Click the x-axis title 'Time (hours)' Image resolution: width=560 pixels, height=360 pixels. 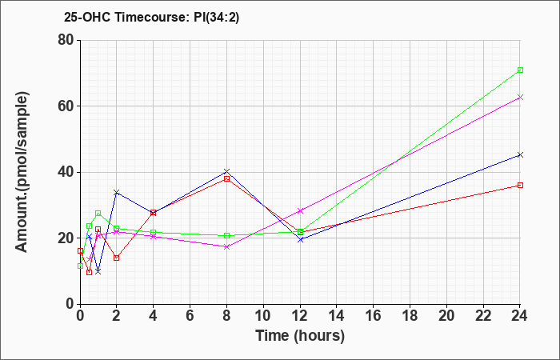(300, 336)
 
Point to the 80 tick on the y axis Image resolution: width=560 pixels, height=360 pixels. (65, 40)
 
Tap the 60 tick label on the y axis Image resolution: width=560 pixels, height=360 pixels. (65, 106)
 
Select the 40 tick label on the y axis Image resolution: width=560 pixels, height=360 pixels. (65, 172)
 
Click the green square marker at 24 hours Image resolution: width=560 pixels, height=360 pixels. (520, 70)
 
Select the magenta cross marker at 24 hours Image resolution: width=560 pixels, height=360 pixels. (520, 98)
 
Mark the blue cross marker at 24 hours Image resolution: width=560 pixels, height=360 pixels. (520, 154)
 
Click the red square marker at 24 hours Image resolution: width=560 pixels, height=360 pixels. (520, 185)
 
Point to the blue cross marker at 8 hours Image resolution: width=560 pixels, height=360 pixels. (226, 171)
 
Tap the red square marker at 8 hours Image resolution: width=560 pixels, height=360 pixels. (226, 178)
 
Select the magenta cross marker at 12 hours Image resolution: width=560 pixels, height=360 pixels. (300, 210)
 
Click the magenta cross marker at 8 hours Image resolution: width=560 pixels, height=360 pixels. (226, 246)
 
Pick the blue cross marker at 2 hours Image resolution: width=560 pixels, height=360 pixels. (117, 192)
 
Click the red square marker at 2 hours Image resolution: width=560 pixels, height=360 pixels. (117, 258)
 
